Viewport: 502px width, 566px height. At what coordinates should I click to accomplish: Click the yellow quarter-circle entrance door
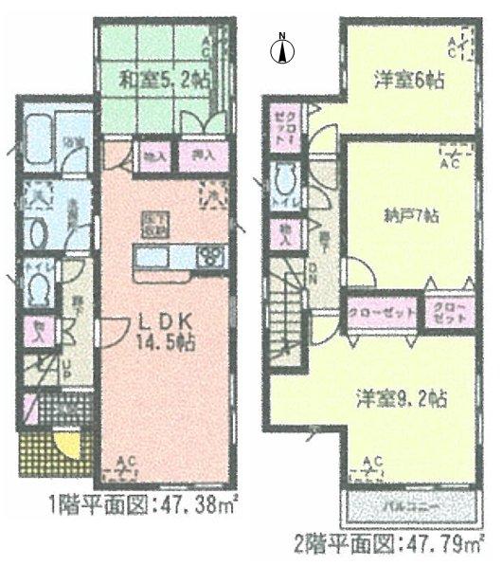(66, 443)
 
